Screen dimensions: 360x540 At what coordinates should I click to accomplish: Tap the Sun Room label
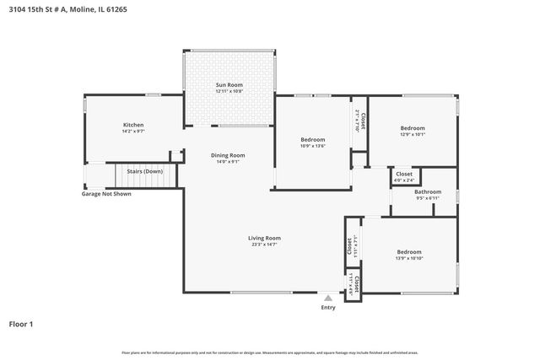(229, 84)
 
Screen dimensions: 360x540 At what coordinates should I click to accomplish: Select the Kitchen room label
(133, 125)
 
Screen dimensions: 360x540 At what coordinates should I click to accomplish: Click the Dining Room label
(228, 155)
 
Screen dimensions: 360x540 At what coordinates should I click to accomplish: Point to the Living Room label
(264, 238)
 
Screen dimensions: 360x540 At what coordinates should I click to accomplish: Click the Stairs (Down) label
(144, 171)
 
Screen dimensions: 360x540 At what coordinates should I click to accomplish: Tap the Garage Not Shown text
(105, 194)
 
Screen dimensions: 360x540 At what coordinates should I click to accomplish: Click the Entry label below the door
(328, 307)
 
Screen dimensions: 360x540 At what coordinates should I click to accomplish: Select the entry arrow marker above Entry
(328, 297)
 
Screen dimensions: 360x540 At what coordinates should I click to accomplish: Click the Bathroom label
(427, 191)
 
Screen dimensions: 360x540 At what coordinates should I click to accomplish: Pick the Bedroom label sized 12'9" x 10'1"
(413, 127)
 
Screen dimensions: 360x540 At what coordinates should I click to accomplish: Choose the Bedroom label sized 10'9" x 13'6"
(313, 139)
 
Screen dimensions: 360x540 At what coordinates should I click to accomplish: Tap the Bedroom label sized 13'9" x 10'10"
(409, 251)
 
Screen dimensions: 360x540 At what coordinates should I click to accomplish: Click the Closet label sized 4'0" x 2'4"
(404, 174)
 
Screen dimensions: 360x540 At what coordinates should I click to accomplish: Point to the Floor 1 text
(20, 323)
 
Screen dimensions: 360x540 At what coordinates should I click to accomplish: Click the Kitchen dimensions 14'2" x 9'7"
(133, 132)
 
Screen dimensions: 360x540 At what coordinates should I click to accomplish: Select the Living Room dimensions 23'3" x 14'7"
(264, 244)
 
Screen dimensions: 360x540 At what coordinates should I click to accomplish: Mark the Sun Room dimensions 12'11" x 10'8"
(229, 91)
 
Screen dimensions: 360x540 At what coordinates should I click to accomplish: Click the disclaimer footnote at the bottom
(269, 352)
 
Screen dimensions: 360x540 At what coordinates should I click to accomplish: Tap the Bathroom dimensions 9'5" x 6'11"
(427, 198)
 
